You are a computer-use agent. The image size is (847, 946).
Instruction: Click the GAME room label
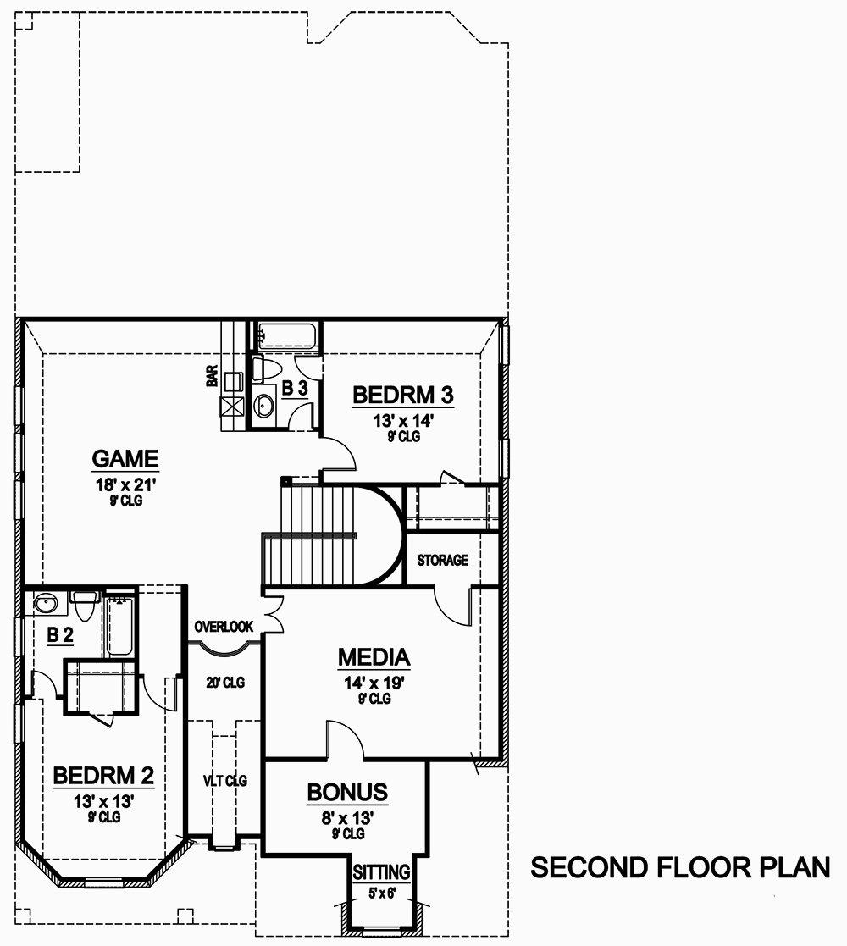tap(125, 459)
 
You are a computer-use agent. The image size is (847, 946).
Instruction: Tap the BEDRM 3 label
tap(404, 395)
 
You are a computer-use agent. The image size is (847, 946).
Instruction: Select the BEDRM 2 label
tap(102, 776)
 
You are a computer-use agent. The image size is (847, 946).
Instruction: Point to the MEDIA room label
tap(374, 657)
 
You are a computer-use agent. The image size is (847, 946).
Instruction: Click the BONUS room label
tap(347, 793)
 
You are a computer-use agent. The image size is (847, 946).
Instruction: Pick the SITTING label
tap(381, 872)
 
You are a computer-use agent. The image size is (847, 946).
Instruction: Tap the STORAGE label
tap(442, 561)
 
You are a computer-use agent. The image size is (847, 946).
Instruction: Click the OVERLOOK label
tap(224, 628)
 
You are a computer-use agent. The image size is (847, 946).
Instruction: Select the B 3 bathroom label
tap(295, 388)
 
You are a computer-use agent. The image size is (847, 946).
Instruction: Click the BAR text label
tap(212, 376)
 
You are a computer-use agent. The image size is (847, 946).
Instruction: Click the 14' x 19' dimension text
tap(374, 683)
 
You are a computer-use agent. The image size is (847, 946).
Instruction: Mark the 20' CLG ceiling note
tap(225, 683)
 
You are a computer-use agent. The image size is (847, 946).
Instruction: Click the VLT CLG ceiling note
tap(224, 781)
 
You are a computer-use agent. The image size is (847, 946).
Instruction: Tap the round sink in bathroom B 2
tap(47, 605)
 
